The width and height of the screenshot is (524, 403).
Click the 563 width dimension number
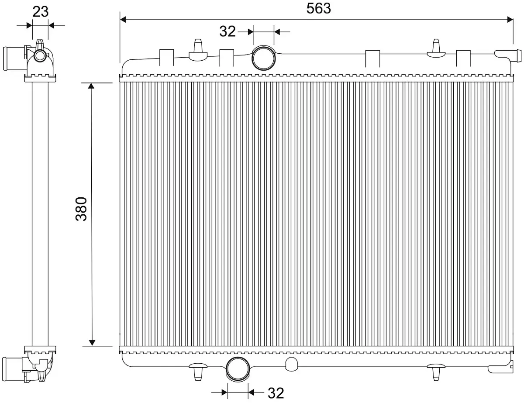[x=318, y=9]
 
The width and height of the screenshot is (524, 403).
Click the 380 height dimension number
[x=81, y=209]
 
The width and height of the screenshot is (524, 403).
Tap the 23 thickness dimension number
[x=40, y=11]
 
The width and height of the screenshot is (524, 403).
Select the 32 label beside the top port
[x=227, y=31]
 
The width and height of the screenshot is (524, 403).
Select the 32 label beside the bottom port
[x=276, y=393]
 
